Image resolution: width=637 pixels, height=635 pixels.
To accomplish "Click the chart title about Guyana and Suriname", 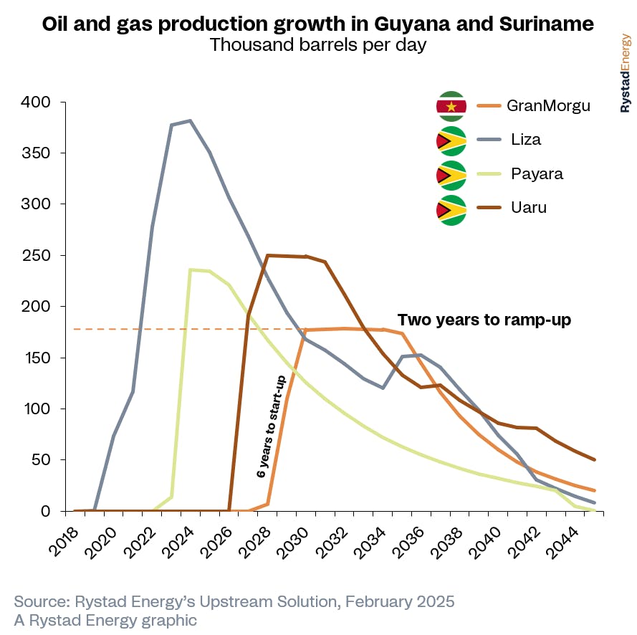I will [x=318, y=24].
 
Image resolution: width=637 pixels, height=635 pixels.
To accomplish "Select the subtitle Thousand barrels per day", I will [x=318, y=46].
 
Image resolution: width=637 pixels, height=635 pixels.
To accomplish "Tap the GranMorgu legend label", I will [x=548, y=105].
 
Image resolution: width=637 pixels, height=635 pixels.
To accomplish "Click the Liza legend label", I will [x=526, y=140].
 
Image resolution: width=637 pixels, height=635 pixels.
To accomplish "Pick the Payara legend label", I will [x=536, y=174].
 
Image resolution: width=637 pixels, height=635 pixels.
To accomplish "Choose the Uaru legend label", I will [x=529, y=209].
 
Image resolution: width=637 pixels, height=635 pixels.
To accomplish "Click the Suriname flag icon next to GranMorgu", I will [x=451, y=107].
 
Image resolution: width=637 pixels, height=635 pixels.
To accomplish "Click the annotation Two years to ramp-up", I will [x=484, y=320].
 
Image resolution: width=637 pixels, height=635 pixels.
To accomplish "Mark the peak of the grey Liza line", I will [x=190, y=120].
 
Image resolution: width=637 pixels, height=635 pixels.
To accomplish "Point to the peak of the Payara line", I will [x=190, y=269].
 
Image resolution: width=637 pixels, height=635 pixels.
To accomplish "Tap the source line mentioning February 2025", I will [x=234, y=601].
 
